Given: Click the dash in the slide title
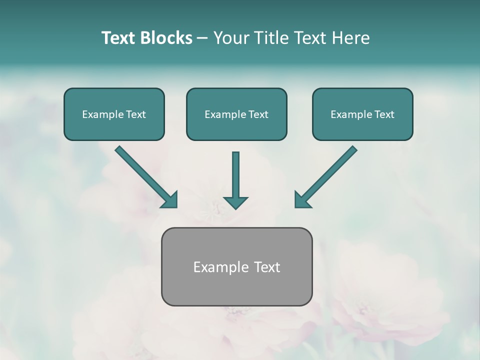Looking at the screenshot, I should [202, 38].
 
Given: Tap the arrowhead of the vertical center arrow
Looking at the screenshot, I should [235, 202].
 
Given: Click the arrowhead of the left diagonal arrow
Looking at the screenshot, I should [170, 200].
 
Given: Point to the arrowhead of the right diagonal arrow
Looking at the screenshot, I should [301, 200].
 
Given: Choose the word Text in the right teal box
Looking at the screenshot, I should [383, 114].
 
